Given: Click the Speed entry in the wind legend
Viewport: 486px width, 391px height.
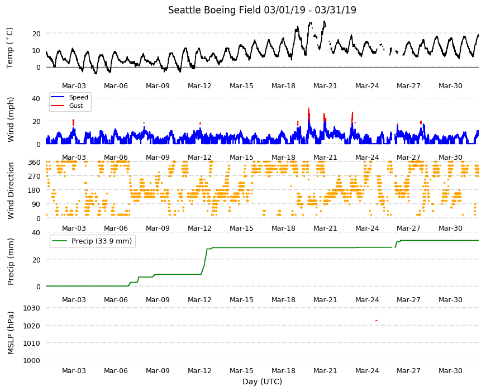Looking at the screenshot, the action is pos(78,97).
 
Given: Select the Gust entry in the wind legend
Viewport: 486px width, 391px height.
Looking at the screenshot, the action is pos(76,106).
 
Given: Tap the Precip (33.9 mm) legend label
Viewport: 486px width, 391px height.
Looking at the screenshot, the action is pos(101,241).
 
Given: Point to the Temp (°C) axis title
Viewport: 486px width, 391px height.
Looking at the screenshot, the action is pos(10,48).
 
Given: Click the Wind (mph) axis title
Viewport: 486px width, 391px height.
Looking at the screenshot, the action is pos(11,120).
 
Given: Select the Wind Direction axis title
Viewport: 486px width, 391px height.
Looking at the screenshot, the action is pos(11,191).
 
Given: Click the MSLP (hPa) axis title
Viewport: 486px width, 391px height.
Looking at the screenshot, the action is pos(11,333).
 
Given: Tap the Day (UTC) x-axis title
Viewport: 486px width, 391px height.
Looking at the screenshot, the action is pos(262,382).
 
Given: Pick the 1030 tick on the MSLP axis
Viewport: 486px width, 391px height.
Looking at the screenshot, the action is pos(32,308).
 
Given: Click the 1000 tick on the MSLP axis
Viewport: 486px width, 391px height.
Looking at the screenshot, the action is pos(32,361).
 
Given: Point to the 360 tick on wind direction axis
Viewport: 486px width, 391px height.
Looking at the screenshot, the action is pos(34,163).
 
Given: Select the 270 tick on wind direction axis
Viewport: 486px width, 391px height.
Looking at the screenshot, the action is pos(34,177).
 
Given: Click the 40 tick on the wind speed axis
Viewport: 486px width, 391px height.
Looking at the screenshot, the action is pos(36,99).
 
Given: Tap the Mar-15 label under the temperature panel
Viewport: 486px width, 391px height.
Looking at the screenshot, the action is pos(241,86).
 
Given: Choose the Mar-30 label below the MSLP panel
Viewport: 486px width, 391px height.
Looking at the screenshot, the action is pos(450,371).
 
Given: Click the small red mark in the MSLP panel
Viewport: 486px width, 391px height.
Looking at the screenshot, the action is pos(377,321).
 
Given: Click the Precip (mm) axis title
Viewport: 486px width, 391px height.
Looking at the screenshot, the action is pos(11,262).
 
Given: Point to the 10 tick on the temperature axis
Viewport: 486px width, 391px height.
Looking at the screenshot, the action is pos(36,50).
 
